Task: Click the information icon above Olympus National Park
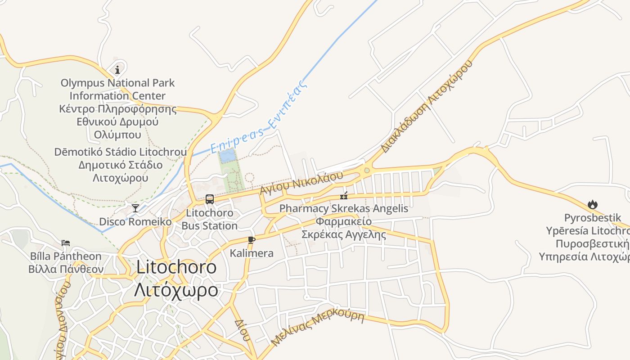click(x=117, y=70)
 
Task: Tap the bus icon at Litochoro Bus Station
click(x=209, y=199)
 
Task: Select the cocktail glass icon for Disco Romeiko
click(x=135, y=208)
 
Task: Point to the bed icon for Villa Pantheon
click(x=66, y=243)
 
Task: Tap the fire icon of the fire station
click(x=592, y=205)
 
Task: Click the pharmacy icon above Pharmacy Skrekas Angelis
click(x=344, y=195)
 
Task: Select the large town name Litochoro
click(x=176, y=267)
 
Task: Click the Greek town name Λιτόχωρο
click(x=176, y=290)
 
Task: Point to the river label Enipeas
click(x=259, y=118)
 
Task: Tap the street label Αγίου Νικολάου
click(x=301, y=182)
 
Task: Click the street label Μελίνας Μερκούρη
click(x=317, y=328)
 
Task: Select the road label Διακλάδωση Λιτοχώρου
click(x=427, y=107)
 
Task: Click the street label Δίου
click(x=242, y=330)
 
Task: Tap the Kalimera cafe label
click(x=252, y=253)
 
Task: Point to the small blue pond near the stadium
click(x=227, y=156)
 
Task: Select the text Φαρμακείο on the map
click(x=343, y=221)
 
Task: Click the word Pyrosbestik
click(x=593, y=218)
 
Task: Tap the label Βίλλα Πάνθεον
click(x=66, y=270)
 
